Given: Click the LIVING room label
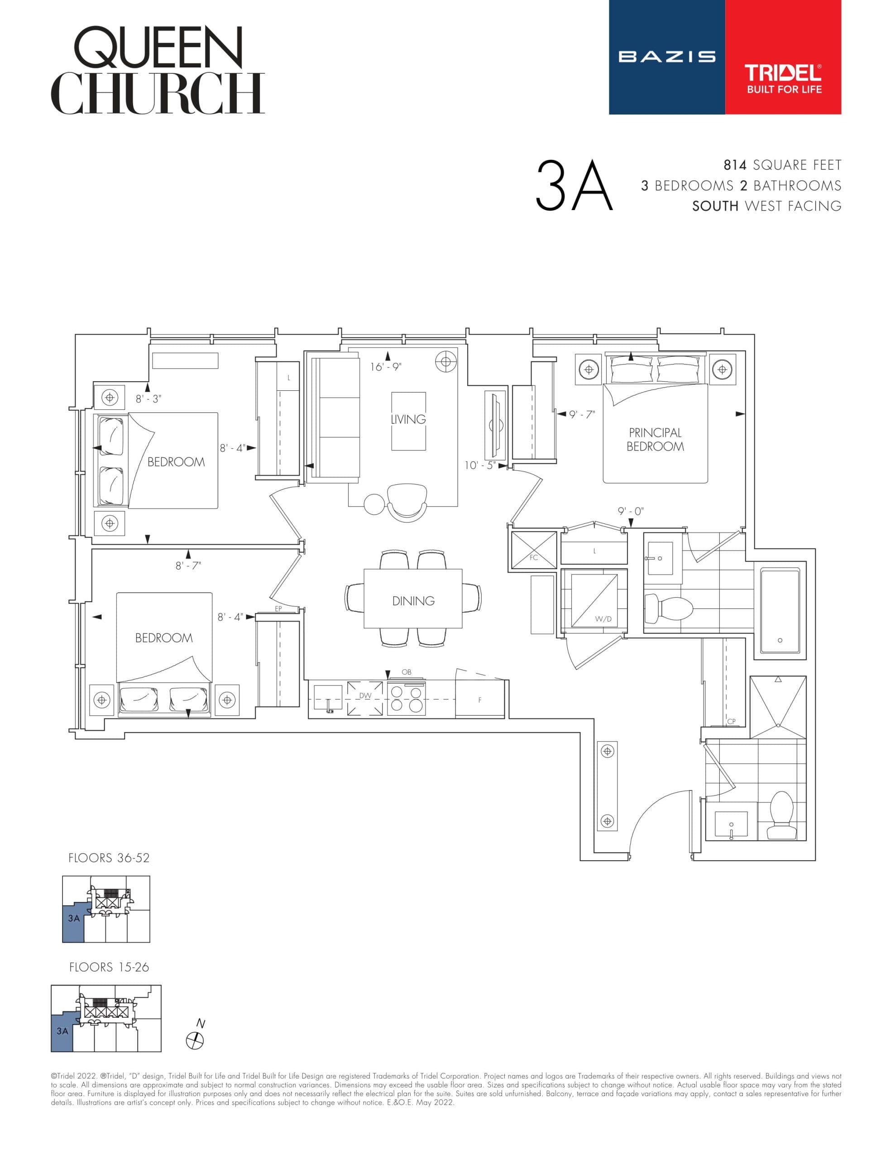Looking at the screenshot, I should click(408, 419).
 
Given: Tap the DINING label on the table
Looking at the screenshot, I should click(413, 601).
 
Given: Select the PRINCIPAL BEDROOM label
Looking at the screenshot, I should click(655, 440).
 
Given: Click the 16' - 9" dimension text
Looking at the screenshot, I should click(386, 367).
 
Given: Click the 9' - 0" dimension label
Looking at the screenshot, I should click(630, 511).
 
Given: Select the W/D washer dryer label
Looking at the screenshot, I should click(603, 619).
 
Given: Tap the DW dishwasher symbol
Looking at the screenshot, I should click(365, 696).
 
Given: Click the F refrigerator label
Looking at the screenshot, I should click(479, 700).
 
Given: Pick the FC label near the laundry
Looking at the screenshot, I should click(534, 557).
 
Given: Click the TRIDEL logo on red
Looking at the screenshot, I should click(783, 78).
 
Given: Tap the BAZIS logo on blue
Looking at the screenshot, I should click(667, 57).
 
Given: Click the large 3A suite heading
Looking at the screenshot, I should click(574, 186).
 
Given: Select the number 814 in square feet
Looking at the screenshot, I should click(735, 165).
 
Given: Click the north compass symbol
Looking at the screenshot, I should click(195, 1041).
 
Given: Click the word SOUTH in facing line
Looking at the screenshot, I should click(715, 206).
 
